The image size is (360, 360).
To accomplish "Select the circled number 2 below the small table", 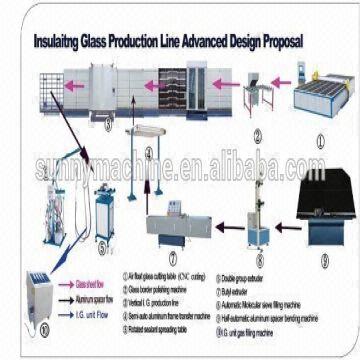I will pos(258,138).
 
